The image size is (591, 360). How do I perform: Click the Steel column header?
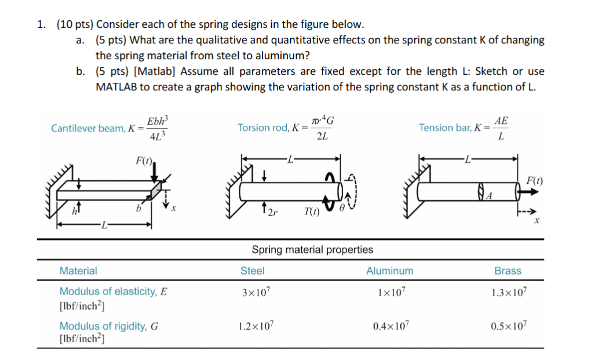click(252, 271)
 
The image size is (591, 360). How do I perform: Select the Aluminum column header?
click(389, 271)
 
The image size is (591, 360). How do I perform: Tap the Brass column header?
click(508, 271)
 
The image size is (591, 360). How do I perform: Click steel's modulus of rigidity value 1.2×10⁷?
click(256, 326)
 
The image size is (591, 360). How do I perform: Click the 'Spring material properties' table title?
click(312, 250)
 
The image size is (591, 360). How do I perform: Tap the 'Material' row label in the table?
click(78, 271)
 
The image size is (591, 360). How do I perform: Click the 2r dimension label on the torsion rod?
click(272, 212)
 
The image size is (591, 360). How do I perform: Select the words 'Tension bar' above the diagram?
click(445, 128)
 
